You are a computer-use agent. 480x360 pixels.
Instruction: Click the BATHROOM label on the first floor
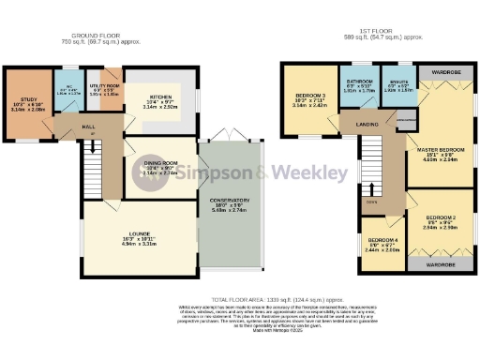(357, 82)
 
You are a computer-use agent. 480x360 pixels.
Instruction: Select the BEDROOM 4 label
(382, 239)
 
